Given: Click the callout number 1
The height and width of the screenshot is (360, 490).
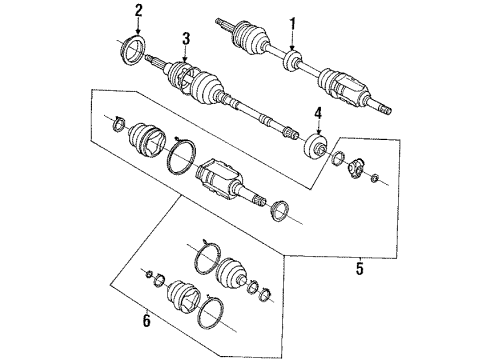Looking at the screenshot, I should pos(292,23).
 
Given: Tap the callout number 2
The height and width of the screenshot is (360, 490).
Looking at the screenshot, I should pos(139,11).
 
